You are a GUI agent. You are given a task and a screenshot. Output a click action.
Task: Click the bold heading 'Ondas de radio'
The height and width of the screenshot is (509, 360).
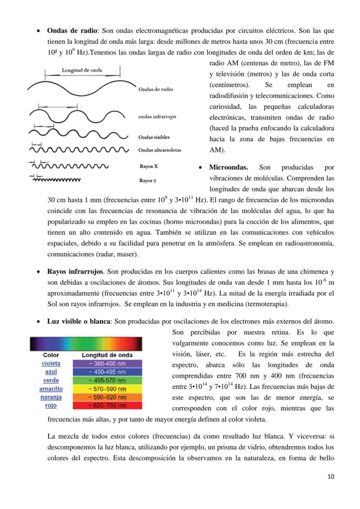click(72, 31)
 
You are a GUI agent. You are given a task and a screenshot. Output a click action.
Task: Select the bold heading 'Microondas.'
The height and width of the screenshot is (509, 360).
click(228, 167)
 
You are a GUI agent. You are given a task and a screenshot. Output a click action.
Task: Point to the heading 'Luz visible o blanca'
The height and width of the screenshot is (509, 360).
click(80, 321)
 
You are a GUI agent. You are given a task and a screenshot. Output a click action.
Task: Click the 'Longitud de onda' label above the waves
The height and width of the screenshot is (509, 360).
click(83, 70)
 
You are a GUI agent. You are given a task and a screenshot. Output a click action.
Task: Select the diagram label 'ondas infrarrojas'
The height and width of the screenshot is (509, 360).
click(157, 116)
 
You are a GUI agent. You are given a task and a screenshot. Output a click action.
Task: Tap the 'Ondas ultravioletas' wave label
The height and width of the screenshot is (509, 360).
click(160, 150)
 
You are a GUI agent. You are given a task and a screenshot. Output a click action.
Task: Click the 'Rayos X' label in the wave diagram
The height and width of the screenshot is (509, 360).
click(146, 166)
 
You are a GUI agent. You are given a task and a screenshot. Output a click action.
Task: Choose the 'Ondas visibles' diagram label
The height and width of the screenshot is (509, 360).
click(154, 137)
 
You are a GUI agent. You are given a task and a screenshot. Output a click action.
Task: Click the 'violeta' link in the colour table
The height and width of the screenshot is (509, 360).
click(51, 363)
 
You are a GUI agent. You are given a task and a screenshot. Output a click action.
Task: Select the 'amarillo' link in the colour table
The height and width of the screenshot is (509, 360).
click(51, 389)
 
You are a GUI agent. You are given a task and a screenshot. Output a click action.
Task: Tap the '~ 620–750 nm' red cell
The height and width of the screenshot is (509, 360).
click(107, 406)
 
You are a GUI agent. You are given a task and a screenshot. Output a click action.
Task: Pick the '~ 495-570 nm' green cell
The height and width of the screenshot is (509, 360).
click(107, 380)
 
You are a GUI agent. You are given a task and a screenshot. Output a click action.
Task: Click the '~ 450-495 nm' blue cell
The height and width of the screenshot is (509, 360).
click(107, 372)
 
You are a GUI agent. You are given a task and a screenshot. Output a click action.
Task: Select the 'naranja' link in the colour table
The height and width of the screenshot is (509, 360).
click(51, 397)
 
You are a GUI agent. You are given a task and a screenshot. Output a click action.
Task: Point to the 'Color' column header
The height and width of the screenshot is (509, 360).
click(51, 355)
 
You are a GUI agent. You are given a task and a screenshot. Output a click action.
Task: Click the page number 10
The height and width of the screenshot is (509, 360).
click(331, 476)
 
